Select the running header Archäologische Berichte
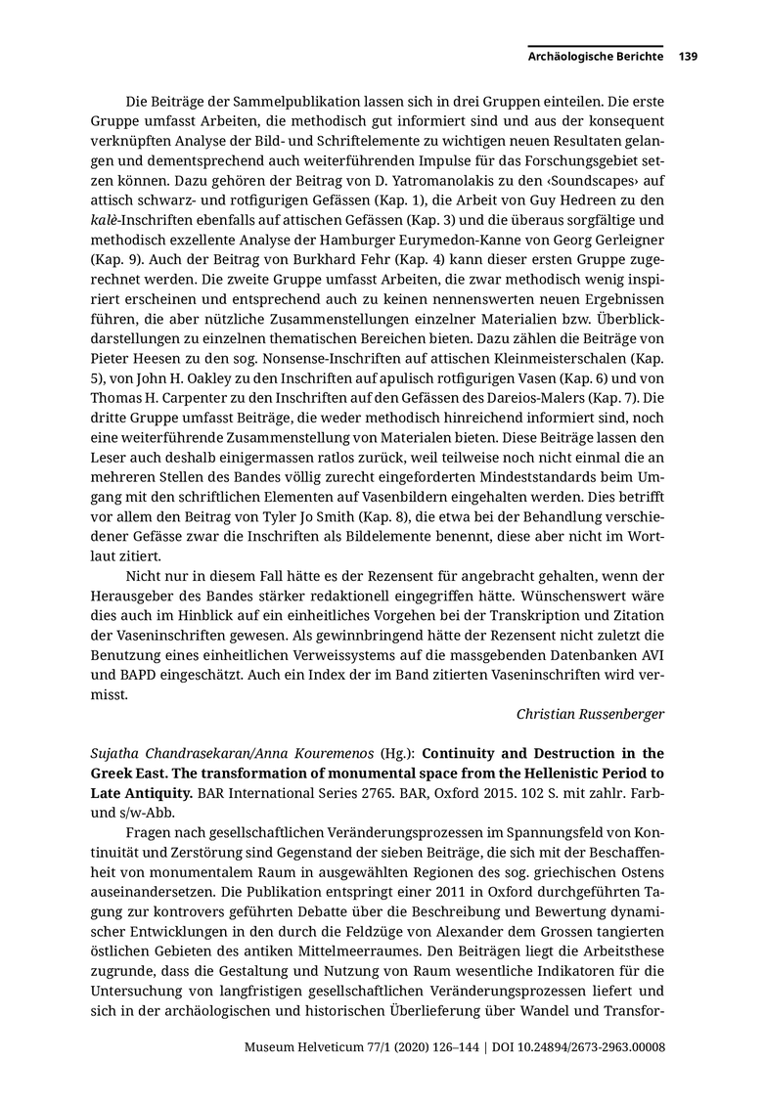(596, 57)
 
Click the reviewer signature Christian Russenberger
(590, 714)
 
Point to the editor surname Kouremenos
(311, 754)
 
